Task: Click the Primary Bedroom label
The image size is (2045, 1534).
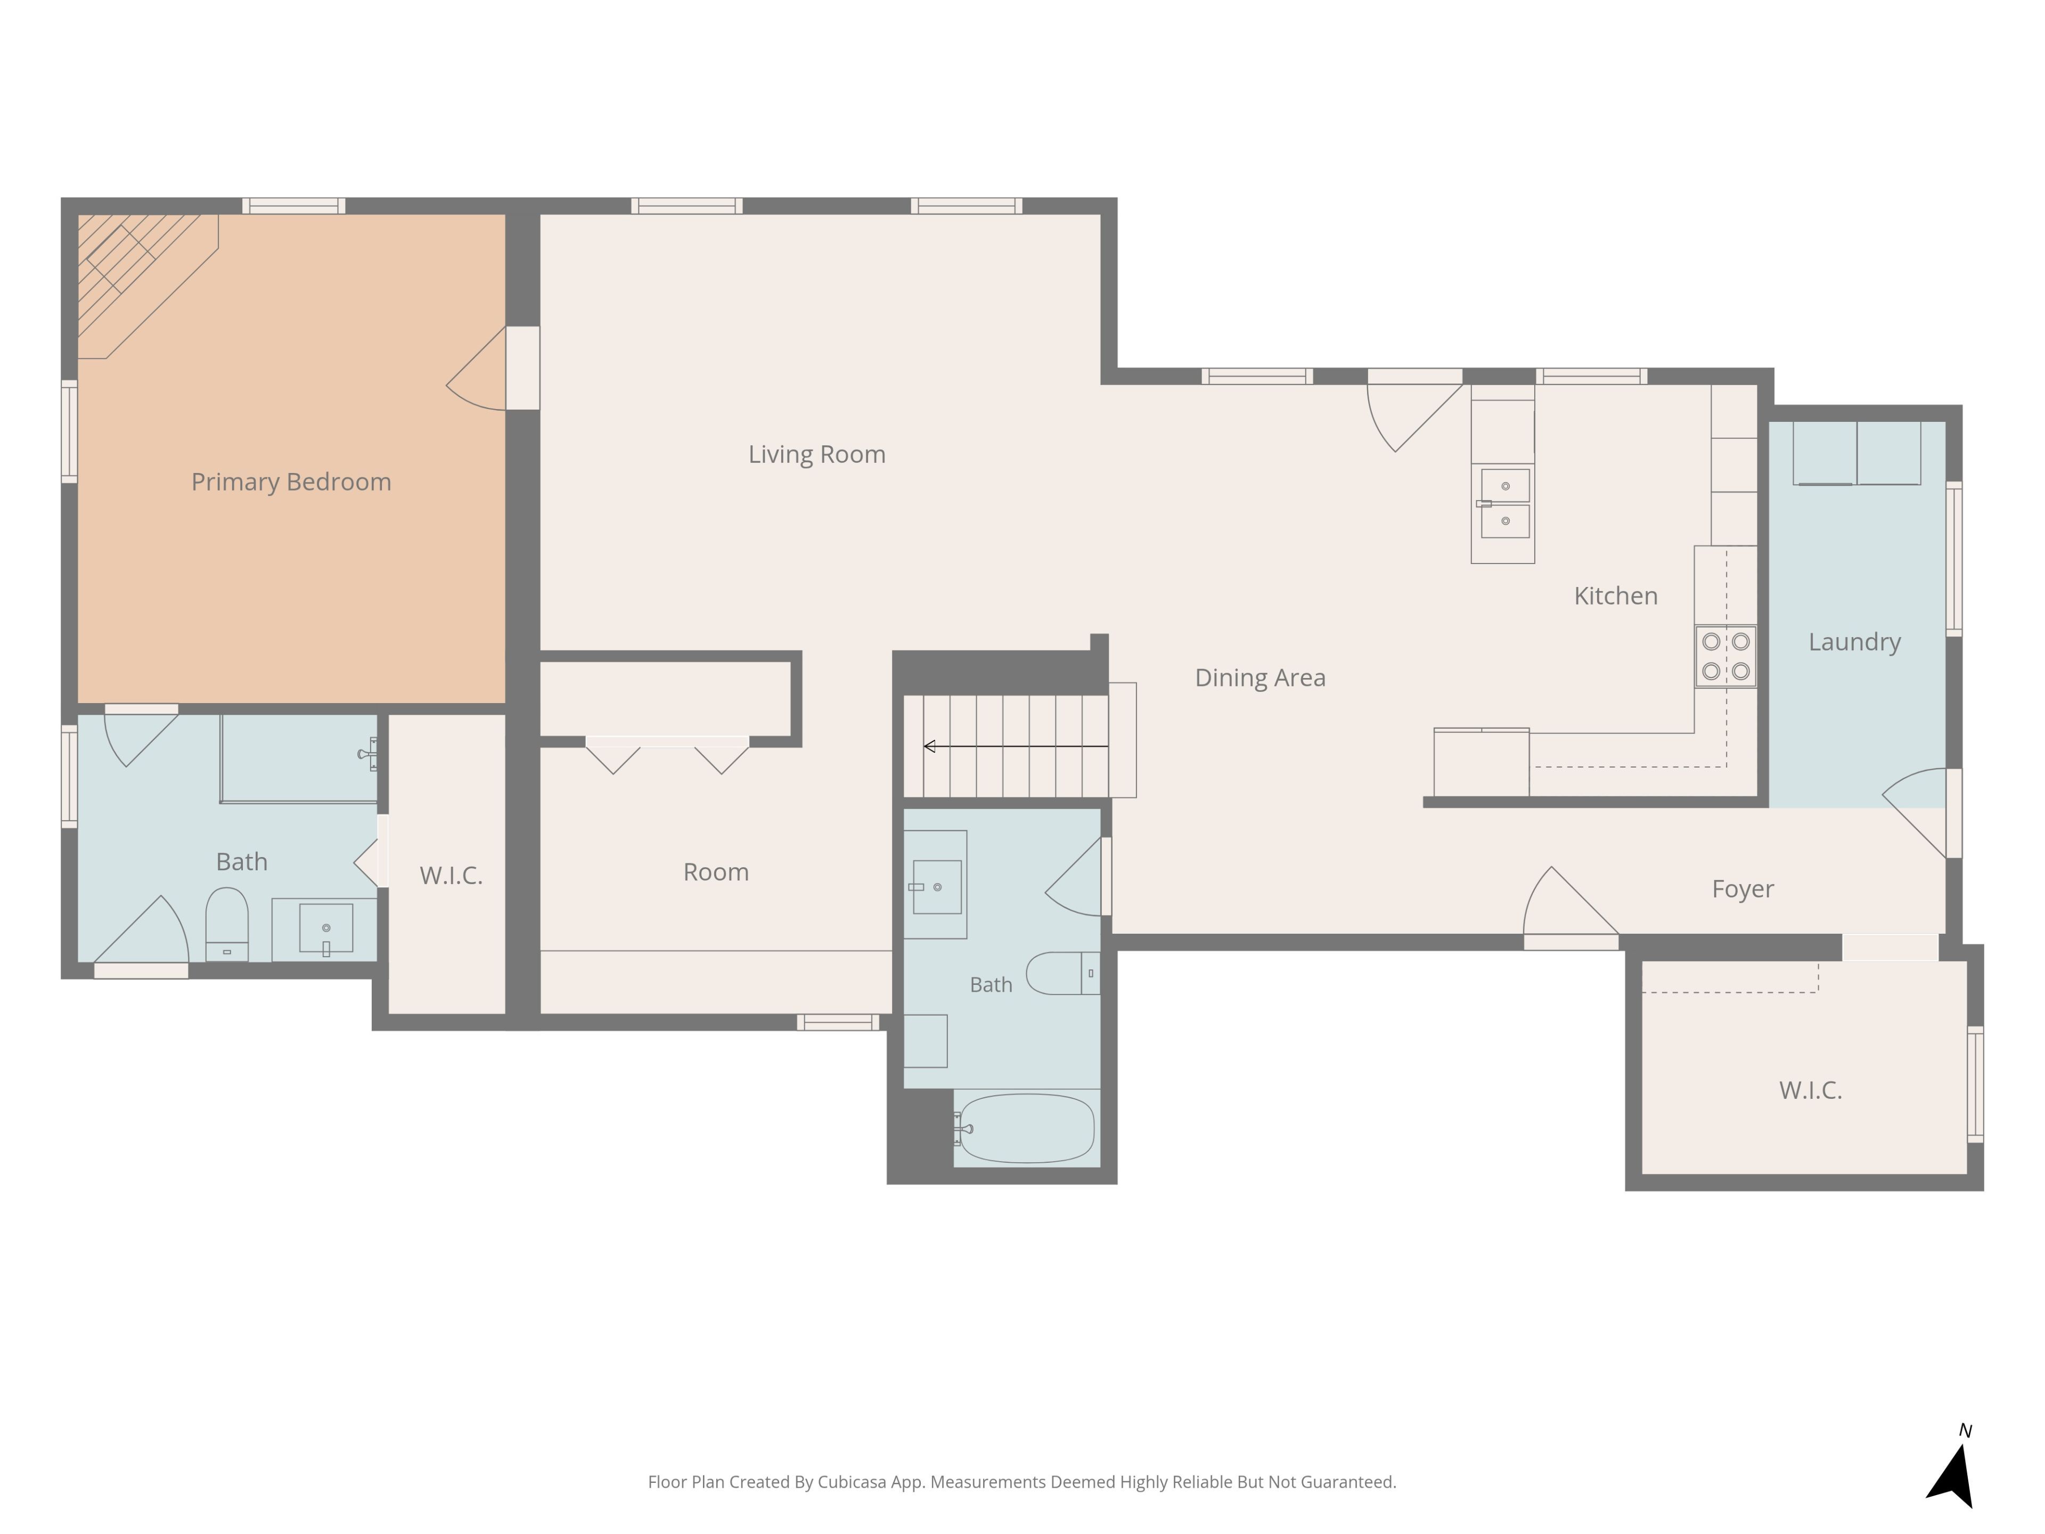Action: point(291,482)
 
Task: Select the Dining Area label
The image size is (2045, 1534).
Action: point(1260,678)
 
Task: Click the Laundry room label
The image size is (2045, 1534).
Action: point(1854,642)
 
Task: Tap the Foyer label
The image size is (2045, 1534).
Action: point(1742,888)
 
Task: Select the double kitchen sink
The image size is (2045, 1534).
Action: point(1504,503)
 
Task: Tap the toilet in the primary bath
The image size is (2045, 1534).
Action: point(226,924)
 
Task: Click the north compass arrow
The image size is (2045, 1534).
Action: point(1952,1476)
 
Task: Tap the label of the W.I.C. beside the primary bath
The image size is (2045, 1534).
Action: point(451,876)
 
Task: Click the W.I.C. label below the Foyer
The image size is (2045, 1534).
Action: point(1810,1090)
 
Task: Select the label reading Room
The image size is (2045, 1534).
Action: point(716,872)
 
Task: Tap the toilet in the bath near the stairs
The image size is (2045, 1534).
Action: point(1063,973)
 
